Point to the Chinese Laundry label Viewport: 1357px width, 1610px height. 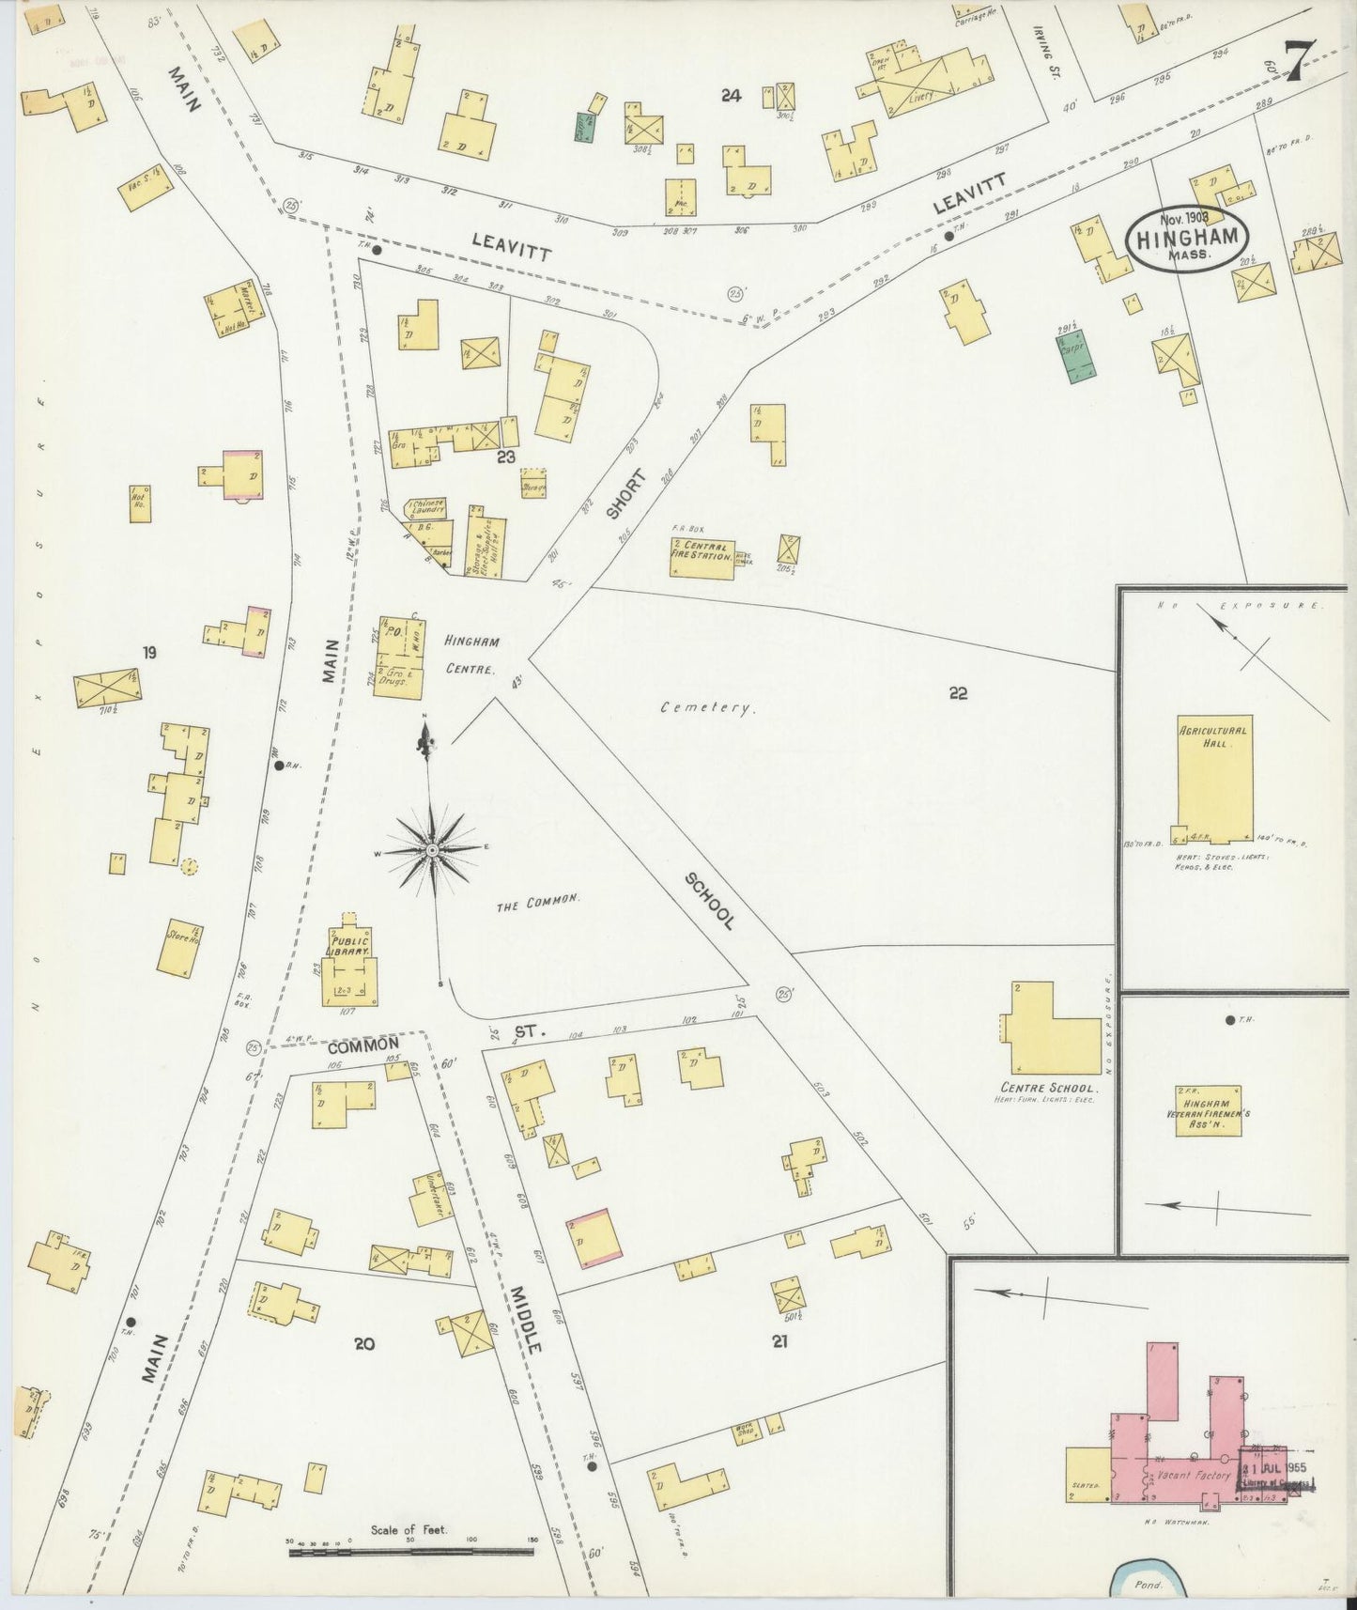[425, 507]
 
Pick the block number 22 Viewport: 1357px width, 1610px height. [958, 694]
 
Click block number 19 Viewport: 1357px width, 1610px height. [149, 652]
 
